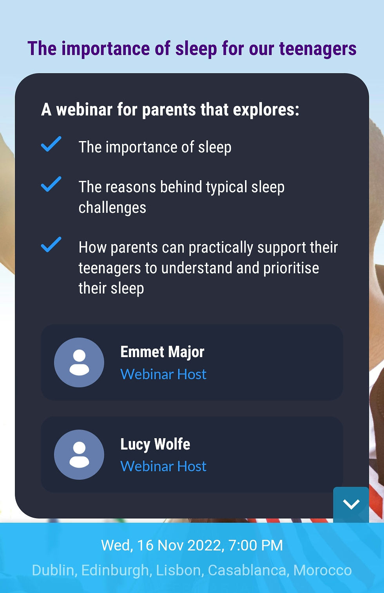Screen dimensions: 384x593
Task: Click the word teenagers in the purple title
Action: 318,49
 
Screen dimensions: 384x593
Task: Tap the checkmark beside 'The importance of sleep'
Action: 51,144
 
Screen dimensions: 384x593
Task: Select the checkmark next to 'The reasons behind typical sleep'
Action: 51,184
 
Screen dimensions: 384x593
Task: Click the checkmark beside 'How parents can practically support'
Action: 51,244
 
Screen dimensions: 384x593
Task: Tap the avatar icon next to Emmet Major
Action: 79,362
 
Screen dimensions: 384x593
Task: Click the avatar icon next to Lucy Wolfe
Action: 79,455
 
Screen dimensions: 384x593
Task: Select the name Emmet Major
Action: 162,353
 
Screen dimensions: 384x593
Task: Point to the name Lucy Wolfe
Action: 155,444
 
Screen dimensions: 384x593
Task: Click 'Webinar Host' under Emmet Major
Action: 163,374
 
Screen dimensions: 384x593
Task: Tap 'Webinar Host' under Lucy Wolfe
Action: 163,466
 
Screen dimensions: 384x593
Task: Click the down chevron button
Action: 351,504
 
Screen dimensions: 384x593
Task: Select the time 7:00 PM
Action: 255,545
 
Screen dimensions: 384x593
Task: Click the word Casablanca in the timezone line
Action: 247,570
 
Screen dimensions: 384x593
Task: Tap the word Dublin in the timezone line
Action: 53,570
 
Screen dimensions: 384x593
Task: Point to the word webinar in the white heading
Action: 84,109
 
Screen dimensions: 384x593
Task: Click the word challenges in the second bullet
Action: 112,208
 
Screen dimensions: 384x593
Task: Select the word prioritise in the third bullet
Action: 291,268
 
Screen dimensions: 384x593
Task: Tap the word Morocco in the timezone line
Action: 322,570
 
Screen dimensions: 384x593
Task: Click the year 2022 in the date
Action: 205,545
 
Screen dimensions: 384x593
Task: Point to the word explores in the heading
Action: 266,110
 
